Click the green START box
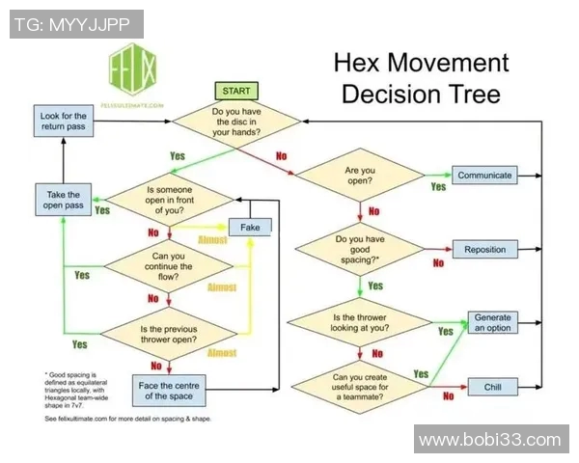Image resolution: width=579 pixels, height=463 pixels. click(x=235, y=91)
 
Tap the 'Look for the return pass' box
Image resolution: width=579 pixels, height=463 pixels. click(x=63, y=123)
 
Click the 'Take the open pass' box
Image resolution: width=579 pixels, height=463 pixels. click(x=63, y=200)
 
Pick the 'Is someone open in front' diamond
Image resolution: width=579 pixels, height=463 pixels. click(x=170, y=199)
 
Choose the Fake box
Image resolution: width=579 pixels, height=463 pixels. click(x=250, y=227)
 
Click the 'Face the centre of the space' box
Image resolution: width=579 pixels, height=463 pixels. click(x=169, y=390)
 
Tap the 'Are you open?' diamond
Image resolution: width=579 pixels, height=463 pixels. click(x=359, y=176)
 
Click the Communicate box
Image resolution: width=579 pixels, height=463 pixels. click(x=484, y=176)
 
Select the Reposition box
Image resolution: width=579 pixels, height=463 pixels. click(x=484, y=249)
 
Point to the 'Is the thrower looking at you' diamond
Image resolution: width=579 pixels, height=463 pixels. click(x=359, y=322)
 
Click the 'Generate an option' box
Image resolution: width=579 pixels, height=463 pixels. click(x=492, y=322)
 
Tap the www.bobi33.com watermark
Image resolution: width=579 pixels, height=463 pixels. click(x=489, y=440)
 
